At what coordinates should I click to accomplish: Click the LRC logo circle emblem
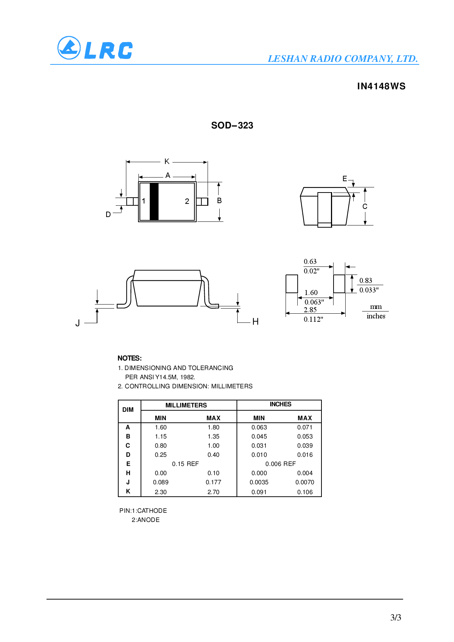69,48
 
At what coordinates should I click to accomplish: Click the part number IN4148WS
381,86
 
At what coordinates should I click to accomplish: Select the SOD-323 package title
232,126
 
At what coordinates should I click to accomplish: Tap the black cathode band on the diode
154,202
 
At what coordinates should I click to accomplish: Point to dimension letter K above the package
167,161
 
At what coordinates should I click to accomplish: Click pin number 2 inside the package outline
187,201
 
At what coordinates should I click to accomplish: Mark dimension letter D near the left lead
108,214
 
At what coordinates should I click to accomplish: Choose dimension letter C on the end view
365,206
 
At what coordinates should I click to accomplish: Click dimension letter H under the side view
256,321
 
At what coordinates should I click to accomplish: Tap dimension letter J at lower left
78,323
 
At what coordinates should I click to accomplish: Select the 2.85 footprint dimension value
310,310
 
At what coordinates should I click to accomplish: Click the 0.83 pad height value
365,280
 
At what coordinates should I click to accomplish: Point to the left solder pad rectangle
292,284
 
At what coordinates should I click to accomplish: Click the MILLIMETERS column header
186,405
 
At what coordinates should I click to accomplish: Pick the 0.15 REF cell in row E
185,464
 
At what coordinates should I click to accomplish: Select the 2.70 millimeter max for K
213,492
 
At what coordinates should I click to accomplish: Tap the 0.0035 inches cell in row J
259,482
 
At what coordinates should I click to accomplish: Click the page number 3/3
395,617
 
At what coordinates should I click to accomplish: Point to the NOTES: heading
130,358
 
